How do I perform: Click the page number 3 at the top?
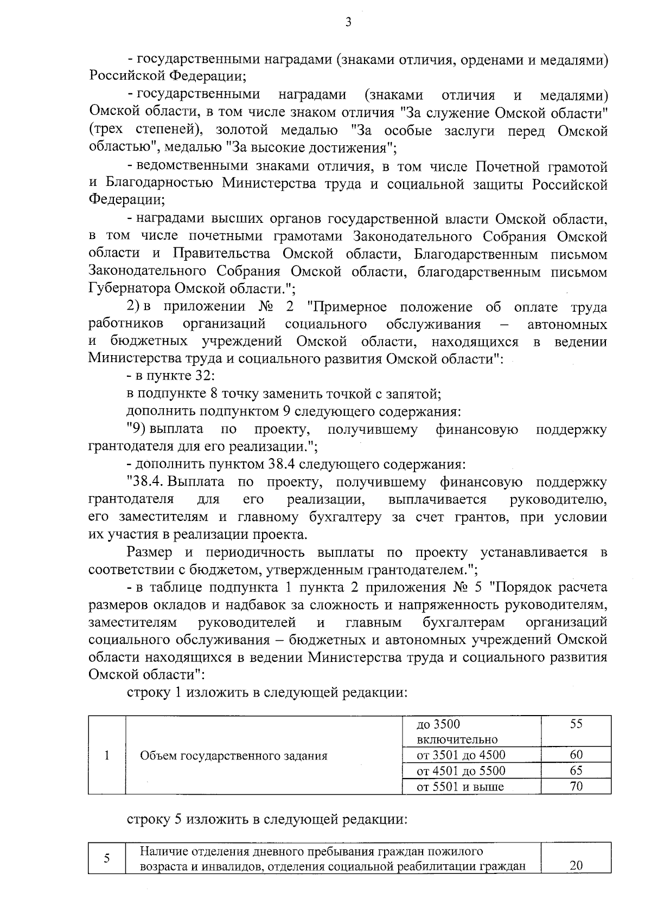click(348, 22)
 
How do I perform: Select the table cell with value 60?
click(576, 755)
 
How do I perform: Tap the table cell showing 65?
click(576, 770)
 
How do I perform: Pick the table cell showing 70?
click(576, 786)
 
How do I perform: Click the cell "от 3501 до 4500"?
click(461, 755)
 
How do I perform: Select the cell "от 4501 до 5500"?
click(461, 770)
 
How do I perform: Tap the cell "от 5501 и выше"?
click(460, 786)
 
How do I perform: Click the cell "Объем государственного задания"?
click(234, 756)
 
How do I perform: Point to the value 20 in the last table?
click(576, 865)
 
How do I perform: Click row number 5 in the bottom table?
click(107, 858)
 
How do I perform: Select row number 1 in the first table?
click(107, 755)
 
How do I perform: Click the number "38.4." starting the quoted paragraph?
click(147, 482)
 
